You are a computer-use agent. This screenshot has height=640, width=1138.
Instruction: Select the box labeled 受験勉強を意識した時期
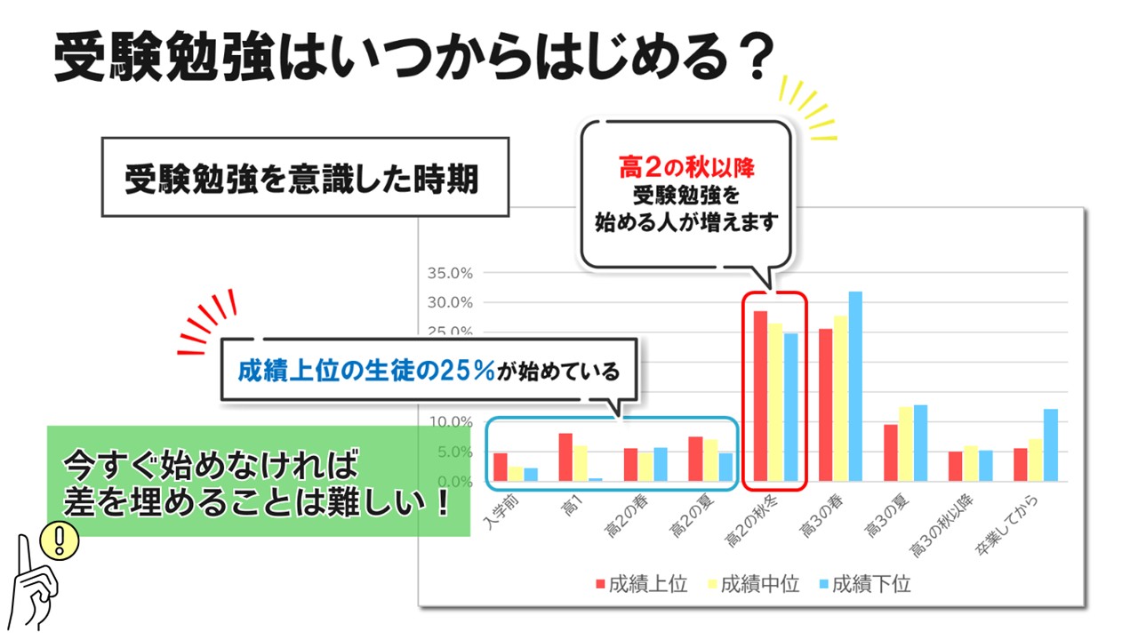305,178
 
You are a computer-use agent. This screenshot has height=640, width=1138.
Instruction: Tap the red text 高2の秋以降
685,166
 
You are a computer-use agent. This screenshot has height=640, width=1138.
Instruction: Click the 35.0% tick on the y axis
453,273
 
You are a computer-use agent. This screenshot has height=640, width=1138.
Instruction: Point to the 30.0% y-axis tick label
453,302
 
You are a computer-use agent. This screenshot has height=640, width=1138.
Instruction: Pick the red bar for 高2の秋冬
760,396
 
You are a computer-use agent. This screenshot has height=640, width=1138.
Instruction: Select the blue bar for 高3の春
855,386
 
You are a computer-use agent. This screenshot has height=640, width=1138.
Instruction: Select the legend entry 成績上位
640,584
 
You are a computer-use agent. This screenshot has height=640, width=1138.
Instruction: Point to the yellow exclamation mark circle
60,539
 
